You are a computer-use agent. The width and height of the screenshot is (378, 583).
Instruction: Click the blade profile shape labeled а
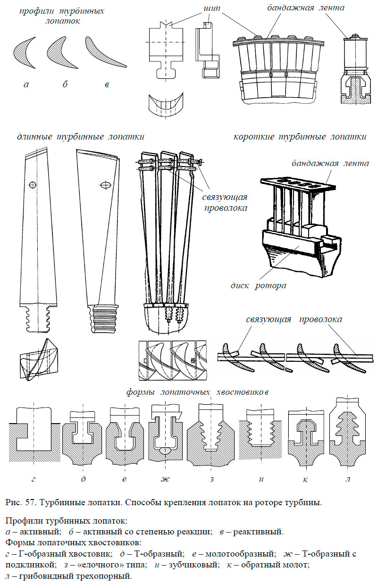(x=25, y=53)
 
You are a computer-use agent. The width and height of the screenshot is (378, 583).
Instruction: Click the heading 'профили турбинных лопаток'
(x=61, y=15)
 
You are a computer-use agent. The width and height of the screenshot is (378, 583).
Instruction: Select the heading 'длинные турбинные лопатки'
(x=80, y=137)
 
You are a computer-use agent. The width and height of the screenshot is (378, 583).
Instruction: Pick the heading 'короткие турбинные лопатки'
(x=300, y=137)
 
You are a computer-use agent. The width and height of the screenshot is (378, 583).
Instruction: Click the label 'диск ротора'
(x=258, y=285)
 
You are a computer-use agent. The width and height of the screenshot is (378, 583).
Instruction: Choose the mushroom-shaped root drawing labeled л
(x=347, y=429)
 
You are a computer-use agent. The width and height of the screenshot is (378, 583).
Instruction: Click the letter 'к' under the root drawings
(x=305, y=479)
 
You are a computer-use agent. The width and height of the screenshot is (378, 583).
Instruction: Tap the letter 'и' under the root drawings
(x=260, y=479)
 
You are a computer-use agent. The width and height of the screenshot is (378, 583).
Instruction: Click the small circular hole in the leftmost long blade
(x=32, y=184)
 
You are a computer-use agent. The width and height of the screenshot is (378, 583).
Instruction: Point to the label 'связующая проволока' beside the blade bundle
(x=225, y=202)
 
